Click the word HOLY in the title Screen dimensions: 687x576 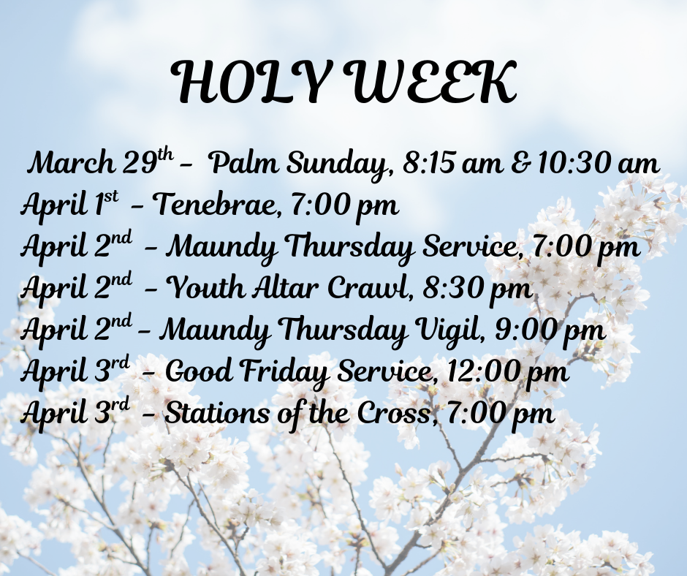click(250, 82)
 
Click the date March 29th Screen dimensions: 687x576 click(100, 162)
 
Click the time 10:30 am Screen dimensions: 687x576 click(598, 162)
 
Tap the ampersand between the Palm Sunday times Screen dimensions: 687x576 click(521, 162)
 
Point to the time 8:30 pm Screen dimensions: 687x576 click(477, 289)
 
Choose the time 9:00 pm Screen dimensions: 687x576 click(550, 331)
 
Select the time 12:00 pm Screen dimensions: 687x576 click(508, 373)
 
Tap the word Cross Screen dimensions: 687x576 click(397, 413)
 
